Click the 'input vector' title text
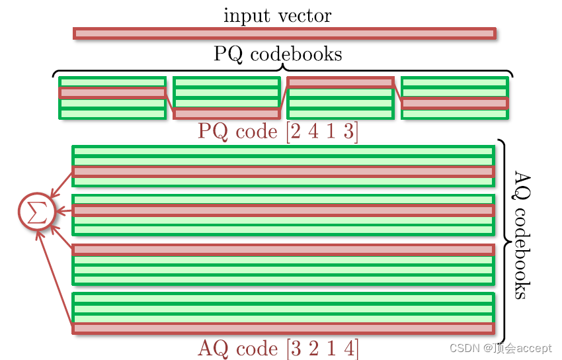click(x=277, y=15)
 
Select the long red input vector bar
click(x=284, y=34)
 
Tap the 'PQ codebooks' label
click(x=278, y=54)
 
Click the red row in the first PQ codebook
click(x=112, y=93)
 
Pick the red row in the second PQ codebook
click(x=226, y=113)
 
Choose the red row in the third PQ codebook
click(x=341, y=82)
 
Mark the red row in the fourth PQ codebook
click(x=455, y=103)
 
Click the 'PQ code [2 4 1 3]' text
click(x=278, y=131)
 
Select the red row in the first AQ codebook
click(x=283, y=171)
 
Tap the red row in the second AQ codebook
click(x=283, y=210)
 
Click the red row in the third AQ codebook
click(x=283, y=249)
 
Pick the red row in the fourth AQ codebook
click(x=283, y=328)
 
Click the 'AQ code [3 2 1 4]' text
click(x=278, y=348)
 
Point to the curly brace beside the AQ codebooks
click(x=504, y=242)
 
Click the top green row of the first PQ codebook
click(x=112, y=82)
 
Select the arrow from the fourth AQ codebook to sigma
click(x=56, y=278)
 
